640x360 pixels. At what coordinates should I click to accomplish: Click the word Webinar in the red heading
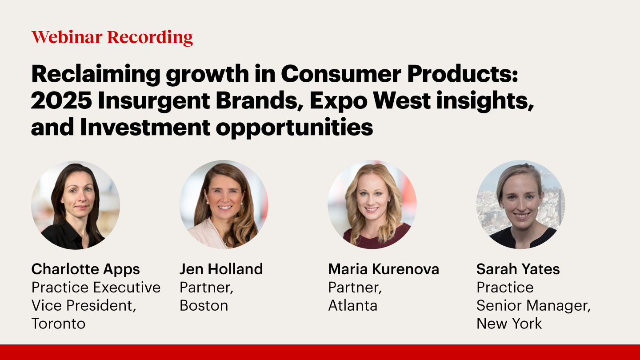click(67, 37)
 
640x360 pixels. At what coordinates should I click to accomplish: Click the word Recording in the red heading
click(150, 38)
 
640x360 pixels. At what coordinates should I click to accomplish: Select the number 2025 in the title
click(61, 100)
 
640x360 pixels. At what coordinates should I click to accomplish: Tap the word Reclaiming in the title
click(96, 74)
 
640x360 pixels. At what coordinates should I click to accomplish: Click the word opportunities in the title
click(294, 128)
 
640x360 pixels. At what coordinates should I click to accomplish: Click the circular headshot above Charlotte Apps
click(76, 204)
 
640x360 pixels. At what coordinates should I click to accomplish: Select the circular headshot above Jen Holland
click(224, 204)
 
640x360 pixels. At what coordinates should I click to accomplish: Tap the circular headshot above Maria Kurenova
click(372, 204)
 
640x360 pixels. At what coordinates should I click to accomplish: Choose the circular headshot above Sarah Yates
click(520, 204)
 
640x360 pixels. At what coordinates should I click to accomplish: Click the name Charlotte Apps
click(86, 270)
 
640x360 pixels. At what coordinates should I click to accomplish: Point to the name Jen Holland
click(221, 269)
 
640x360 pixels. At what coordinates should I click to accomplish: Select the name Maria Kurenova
click(384, 269)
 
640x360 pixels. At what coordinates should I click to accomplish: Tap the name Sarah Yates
click(518, 269)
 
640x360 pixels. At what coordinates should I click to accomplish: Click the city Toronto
click(59, 324)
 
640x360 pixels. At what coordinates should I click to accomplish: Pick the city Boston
click(204, 305)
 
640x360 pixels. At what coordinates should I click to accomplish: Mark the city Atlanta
click(353, 305)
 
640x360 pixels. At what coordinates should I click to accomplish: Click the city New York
click(509, 324)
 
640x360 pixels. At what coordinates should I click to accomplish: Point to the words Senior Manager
click(533, 306)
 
